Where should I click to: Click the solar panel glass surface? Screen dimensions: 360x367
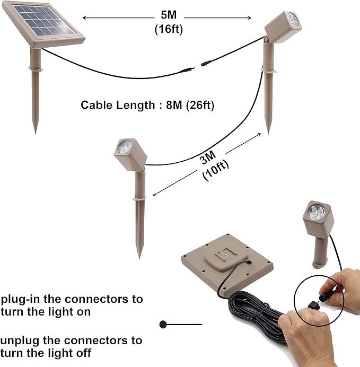point(43,21)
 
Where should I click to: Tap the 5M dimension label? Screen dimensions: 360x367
point(169,15)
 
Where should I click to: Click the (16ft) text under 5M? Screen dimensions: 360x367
point(169,29)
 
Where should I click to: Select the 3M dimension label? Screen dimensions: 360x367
point(207,158)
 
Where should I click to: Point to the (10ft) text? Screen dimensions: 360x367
point(215,170)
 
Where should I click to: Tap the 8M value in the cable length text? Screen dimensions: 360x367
point(174,105)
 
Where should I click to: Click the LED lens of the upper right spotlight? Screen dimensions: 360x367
point(294,19)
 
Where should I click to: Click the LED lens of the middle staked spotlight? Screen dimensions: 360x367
point(124,146)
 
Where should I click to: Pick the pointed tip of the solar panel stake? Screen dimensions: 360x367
point(36,134)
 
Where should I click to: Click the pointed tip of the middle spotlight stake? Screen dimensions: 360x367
point(139,258)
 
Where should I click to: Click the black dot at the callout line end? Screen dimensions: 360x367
point(163,325)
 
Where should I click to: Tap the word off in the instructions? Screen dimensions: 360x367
point(83,353)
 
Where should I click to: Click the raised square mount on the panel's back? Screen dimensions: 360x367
point(226,257)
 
